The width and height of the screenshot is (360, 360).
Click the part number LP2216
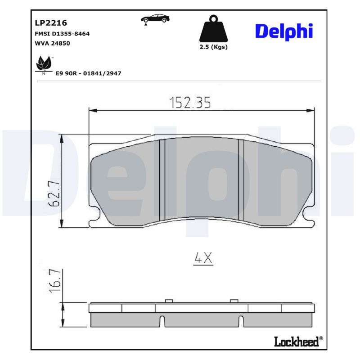pyautogui.click(x=51, y=22)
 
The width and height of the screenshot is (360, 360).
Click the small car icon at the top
pyautogui.click(x=155, y=19)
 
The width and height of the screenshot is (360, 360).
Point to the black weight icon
pyautogui.click(x=213, y=30)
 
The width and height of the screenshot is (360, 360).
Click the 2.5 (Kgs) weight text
pyautogui.click(x=213, y=47)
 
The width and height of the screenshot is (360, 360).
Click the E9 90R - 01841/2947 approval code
pyautogui.click(x=88, y=73)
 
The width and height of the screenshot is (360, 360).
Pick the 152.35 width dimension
pyautogui.click(x=190, y=103)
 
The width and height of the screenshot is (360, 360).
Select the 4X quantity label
pyautogui.click(x=202, y=258)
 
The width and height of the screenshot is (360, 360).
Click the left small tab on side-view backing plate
pyautogui.click(x=169, y=301)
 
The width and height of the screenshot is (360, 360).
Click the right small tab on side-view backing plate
pyautogui.click(x=234, y=301)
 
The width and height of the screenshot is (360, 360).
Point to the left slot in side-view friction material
pyautogui.click(x=162, y=321)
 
